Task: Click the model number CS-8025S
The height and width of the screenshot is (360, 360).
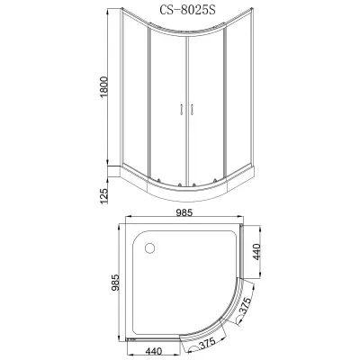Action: point(187,10)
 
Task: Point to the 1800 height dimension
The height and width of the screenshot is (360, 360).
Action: point(103,87)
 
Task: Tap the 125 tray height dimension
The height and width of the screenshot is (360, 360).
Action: point(103,196)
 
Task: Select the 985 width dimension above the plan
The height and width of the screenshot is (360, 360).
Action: point(184,212)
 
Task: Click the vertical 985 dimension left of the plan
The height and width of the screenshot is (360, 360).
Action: point(115,283)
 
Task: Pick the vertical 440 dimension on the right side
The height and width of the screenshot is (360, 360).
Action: point(257,252)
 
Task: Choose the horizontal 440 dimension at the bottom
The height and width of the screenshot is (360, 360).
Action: point(153,351)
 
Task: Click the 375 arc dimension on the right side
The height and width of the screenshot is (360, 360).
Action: point(246,306)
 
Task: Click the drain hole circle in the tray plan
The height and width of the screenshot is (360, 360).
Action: point(149,248)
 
